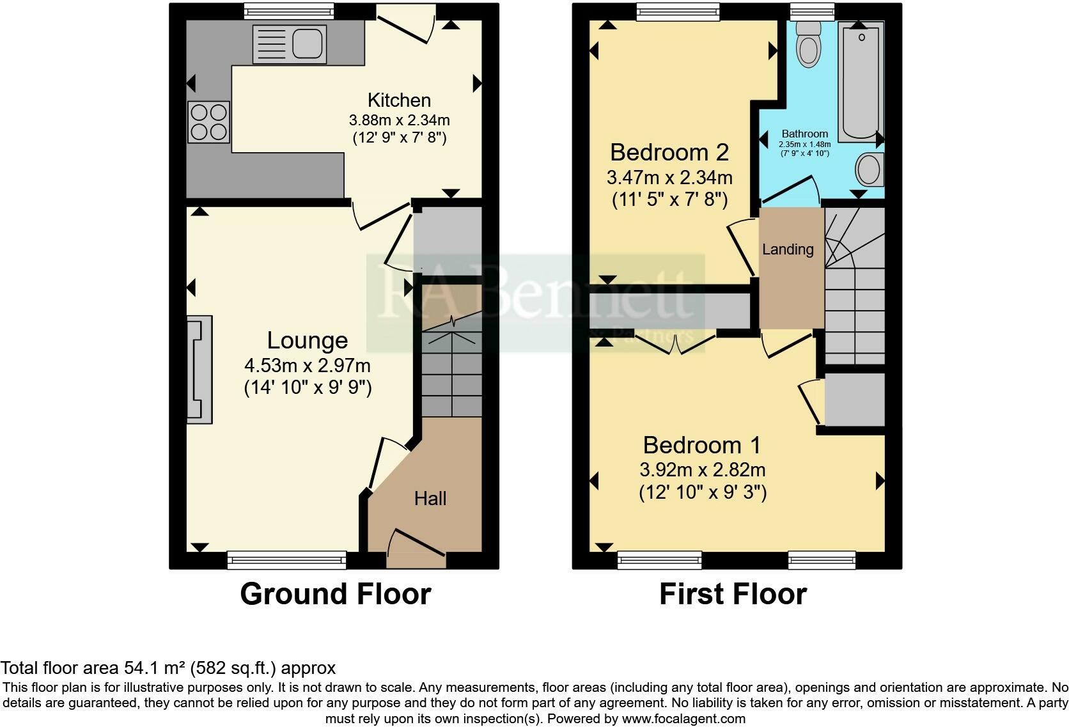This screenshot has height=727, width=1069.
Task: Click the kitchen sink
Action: [x=290, y=44]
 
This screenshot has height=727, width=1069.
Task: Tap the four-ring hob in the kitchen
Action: [x=208, y=122]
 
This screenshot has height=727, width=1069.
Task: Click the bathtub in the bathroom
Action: [x=861, y=82]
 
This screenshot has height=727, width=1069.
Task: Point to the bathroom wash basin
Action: [x=869, y=169]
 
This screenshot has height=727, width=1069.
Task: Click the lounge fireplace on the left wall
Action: [x=199, y=370]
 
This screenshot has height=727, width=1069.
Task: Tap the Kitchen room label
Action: [x=399, y=100]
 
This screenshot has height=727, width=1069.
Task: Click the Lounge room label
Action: [x=308, y=340]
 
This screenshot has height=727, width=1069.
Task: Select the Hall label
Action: [x=430, y=498]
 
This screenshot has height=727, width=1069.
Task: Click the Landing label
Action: [x=788, y=249]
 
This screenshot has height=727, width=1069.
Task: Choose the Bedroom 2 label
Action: [x=669, y=153]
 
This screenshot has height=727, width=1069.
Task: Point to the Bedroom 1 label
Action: [x=702, y=446]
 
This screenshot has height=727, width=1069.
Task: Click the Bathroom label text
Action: [x=804, y=134]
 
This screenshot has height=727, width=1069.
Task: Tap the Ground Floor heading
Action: [x=336, y=594]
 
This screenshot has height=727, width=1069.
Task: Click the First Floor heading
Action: [x=733, y=594]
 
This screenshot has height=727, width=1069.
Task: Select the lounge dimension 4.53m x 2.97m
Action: [x=308, y=366]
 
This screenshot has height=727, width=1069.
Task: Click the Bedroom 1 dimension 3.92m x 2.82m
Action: [x=703, y=470]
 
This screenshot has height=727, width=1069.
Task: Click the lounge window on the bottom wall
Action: [x=286, y=559]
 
